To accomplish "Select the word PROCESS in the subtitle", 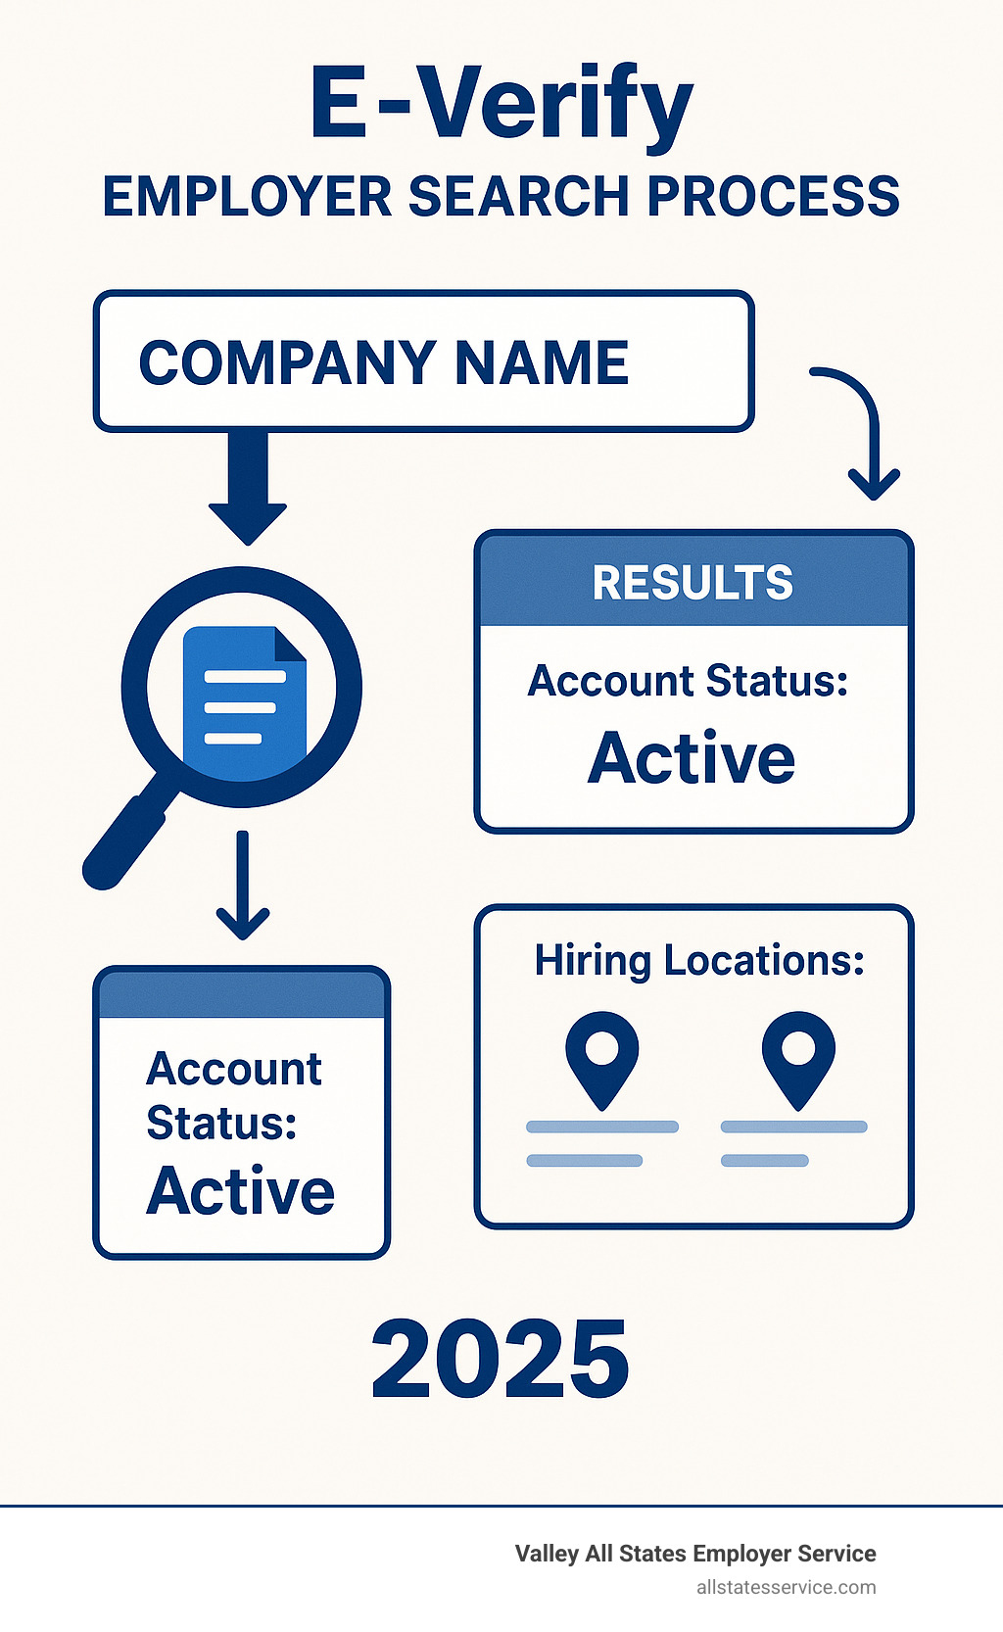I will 773,197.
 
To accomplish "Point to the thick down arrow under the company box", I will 248,486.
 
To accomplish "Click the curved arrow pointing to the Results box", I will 862,426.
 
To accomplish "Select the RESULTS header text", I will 693,583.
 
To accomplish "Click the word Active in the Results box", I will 692,758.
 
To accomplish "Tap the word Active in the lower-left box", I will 241,1191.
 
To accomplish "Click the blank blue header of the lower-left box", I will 242,994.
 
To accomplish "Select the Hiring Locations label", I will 699,961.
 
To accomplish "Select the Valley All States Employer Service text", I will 695,1554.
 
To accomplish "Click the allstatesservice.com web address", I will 786,1587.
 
